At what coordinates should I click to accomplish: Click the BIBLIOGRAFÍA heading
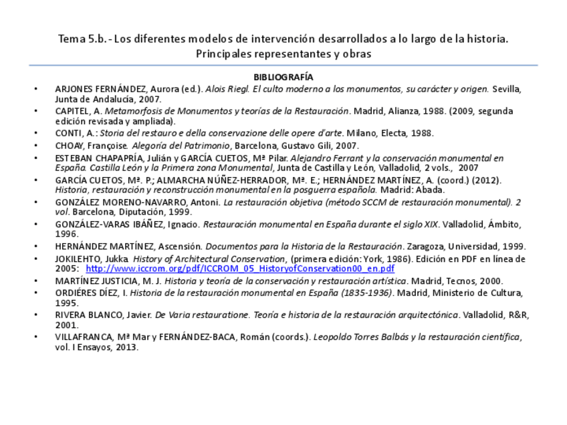click(x=283, y=78)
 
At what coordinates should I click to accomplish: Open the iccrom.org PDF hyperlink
click(x=240, y=269)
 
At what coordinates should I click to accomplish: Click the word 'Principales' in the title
click(x=225, y=53)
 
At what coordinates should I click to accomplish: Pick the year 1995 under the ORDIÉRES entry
click(x=66, y=303)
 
